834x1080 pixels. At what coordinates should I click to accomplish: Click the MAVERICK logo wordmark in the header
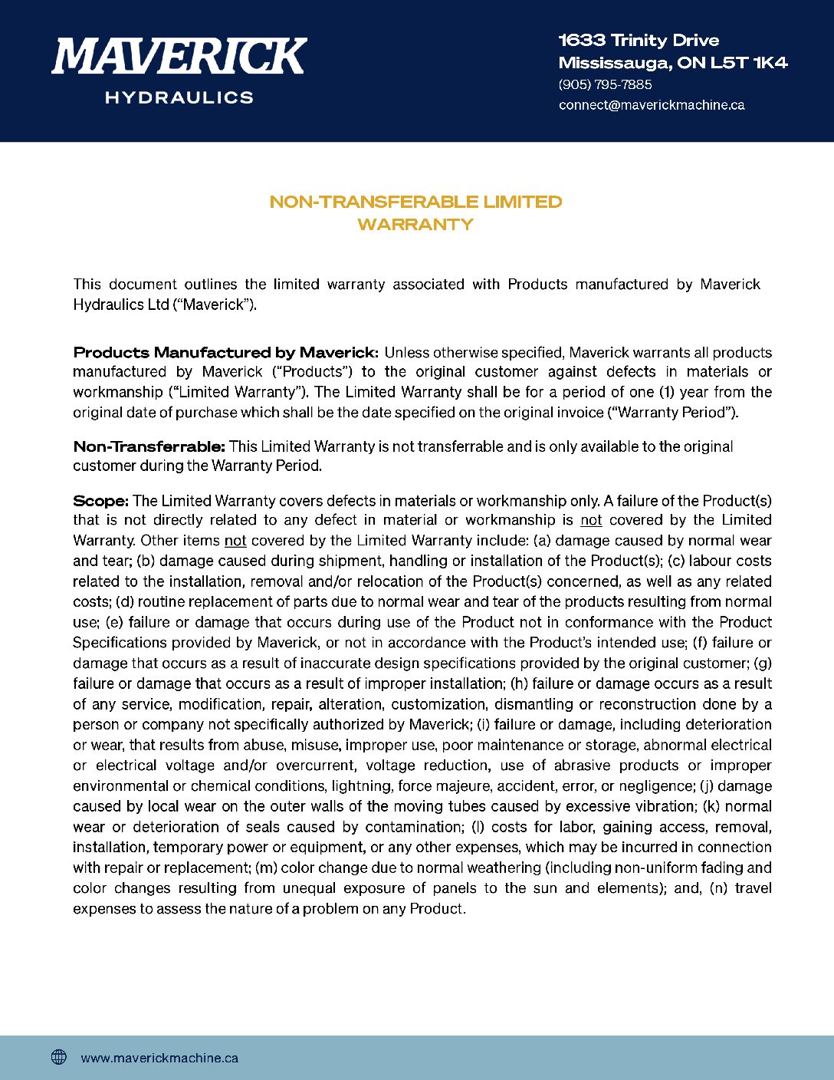[x=179, y=57]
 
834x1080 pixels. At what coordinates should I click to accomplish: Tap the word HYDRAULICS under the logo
[x=179, y=97]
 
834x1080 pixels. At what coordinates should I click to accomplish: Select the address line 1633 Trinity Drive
[x=639, y=41]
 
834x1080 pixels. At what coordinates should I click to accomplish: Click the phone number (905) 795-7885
[x=605, y=84]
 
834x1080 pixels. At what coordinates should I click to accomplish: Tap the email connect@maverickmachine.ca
[x=651, y=105]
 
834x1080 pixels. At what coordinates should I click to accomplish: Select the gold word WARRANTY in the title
[x=415, y=225]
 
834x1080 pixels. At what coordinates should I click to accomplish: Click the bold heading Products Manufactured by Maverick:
[x=225, y=353]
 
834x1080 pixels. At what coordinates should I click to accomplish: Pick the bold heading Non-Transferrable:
[x=149, y=446]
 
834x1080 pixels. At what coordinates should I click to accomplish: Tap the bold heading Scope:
[x=100, y=501]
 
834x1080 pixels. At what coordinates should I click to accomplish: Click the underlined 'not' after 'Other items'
[x=235, y=541]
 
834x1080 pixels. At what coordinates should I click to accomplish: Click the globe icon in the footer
[x=59, y=1057]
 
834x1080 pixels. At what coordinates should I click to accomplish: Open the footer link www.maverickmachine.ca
[x=159, y=1058]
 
